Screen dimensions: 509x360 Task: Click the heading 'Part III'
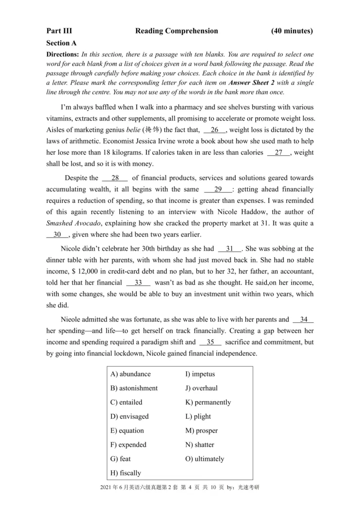coord(59,31)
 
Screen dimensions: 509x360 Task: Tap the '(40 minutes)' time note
coord(292,31)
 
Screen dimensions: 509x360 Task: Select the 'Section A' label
coord(61,43)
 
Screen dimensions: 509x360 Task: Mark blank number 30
coord(57,235)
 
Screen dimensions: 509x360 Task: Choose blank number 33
coord(138,282)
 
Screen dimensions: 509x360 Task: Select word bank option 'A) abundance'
coord(130,374)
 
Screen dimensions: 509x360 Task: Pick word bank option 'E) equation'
coord(127,431)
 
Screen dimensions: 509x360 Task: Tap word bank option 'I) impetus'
coord(200,374)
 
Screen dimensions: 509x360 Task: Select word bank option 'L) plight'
coord(198,416)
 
